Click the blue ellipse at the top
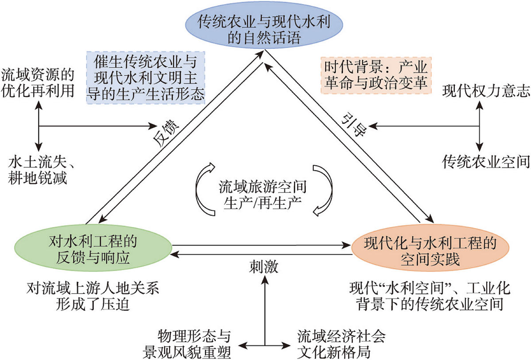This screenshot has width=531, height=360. (x=264, y=25)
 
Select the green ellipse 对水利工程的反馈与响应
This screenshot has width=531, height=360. (x=93, y=248)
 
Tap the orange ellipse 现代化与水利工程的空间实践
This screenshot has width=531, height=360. (x=430, y=248)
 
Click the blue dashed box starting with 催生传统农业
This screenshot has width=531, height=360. (x=146, y=78)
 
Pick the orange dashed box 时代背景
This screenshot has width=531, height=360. (x=376, y=75)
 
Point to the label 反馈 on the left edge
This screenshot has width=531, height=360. (x=166, y=133)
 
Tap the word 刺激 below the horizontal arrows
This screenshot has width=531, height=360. (x=264, y=267)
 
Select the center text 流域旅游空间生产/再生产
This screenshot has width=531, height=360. (x=263, y=195)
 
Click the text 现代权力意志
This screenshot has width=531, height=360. (x=486, y=91)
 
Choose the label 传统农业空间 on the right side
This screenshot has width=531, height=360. (x=486, y=162)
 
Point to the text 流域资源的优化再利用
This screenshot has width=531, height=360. (x=38, y=83)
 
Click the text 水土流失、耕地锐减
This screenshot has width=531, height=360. (x=41, y=170)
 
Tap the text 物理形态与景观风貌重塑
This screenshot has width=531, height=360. (x=187, y=344)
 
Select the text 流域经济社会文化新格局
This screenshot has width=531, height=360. (x=341, y=344)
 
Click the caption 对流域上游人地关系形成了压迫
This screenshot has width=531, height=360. (x=92, y=296)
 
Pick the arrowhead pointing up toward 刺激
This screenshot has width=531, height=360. (x=265, y=280)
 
